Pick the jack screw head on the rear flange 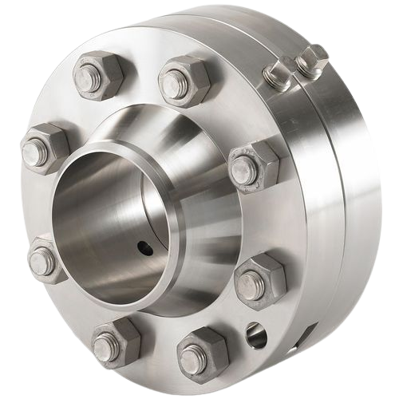[x=314, y=57]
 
